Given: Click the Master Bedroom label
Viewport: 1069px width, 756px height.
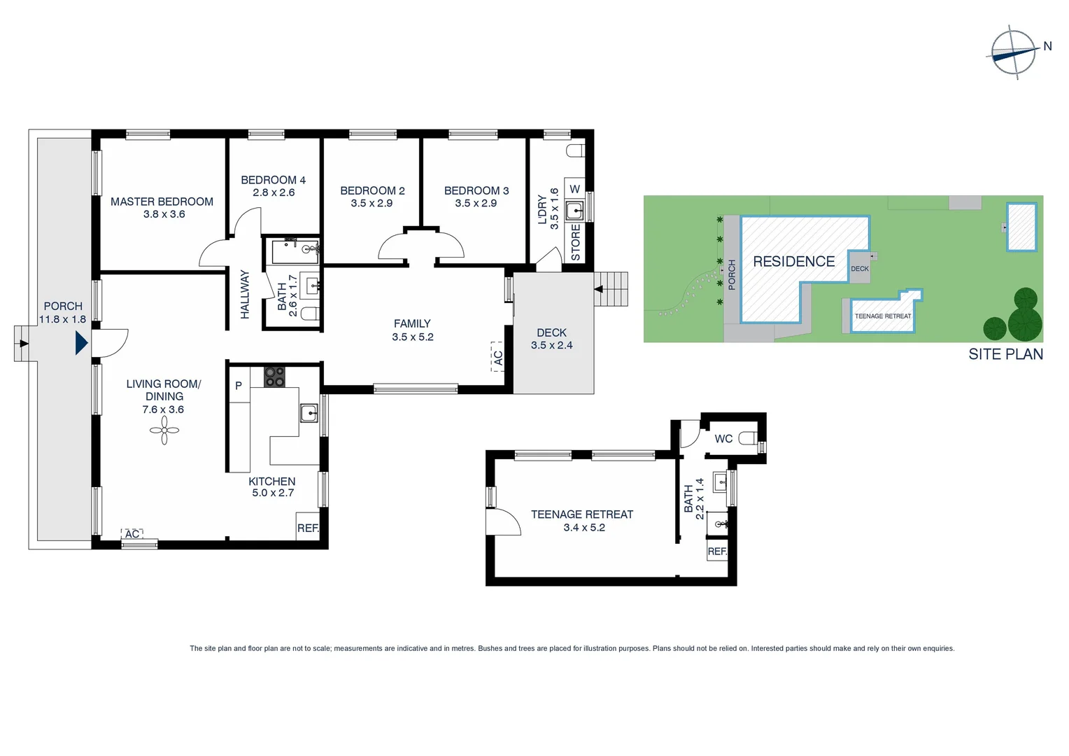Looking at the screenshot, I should tap(162, 202).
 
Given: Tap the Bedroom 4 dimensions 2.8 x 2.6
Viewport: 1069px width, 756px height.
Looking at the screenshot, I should tap(274, 192).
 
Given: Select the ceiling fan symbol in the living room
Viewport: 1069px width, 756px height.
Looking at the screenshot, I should tap(164, 430).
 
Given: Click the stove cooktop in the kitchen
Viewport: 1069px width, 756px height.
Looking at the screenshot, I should tap(274, 377).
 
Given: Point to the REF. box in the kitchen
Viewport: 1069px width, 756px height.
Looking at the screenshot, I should tap(308, 528).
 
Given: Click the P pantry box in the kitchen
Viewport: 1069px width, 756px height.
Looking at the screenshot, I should tap(239, 386).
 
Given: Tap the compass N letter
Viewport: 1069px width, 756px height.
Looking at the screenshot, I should tap(1047, 46).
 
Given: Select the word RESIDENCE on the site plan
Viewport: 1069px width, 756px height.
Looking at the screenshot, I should tap(793, 262).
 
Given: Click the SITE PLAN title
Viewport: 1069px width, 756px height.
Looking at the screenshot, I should tap(1005, 354).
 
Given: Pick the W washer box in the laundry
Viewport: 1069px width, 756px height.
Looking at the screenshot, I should tap(574, 189).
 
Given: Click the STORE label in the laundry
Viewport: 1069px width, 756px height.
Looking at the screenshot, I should tap(576, 242).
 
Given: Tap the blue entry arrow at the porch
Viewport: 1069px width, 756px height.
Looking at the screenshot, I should tap(81, 343).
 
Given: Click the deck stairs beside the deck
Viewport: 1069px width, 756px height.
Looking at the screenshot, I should tap(614, 289).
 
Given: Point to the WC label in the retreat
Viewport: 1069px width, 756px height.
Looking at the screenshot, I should tap(723, 439).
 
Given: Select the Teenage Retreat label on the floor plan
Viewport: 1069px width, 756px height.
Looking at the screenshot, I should tap(581, 514).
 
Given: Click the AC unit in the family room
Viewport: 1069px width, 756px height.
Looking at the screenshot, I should tap(497, 356).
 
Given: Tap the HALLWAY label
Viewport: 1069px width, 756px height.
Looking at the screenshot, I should tap(245, 295).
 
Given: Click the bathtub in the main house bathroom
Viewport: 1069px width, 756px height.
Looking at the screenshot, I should tap(295, 251).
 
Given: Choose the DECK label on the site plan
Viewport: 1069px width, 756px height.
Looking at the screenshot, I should tap(860, 269).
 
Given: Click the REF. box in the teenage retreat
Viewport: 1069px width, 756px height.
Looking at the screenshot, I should tap(717, 551).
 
